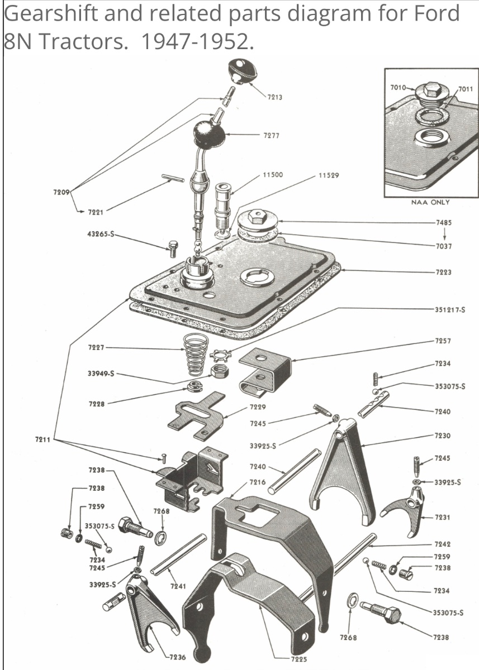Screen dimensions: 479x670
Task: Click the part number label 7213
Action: point(274,97)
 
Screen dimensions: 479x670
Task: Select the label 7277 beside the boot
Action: point(271,136)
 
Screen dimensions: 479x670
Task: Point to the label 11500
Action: point(272,175)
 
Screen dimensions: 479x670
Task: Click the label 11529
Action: point(329,175)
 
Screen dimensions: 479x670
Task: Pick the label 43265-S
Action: point(101,234)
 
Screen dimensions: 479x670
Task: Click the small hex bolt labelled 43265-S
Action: point(172,249)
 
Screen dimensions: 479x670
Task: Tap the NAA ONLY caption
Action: point(430,202)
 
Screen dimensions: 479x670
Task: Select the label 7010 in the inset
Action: point(398,88)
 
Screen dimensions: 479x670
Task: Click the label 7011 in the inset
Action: point(465,89)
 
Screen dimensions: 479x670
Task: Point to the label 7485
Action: point(444,223)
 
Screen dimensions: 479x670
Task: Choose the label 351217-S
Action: point(450,309)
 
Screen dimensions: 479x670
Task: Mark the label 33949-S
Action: point(101,374)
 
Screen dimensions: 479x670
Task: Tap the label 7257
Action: point(443,341)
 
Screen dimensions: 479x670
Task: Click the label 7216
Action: point(258,482)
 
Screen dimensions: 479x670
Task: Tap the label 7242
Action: point(442,544)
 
